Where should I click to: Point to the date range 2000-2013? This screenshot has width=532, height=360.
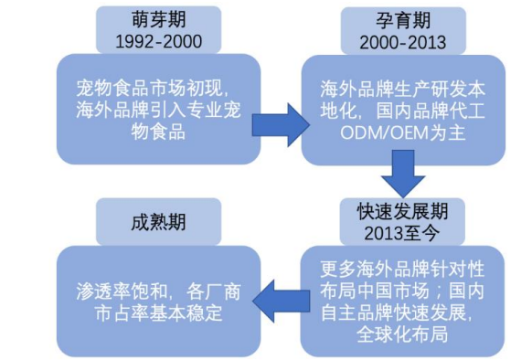click(x=402, y=42)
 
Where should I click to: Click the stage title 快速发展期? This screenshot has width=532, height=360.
click(x=402, y=210)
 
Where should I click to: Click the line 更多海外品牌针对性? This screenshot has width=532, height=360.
click(x=402, y=270)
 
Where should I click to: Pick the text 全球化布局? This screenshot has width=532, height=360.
click(x=402, y=335)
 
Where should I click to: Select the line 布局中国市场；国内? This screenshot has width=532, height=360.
click(x=402, y=292)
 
